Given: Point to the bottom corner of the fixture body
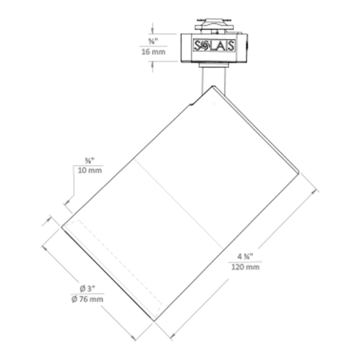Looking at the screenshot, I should pos(155,321).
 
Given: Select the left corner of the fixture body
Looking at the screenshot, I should pos(62,227).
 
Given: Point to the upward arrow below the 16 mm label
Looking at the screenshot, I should pos(152,65).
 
